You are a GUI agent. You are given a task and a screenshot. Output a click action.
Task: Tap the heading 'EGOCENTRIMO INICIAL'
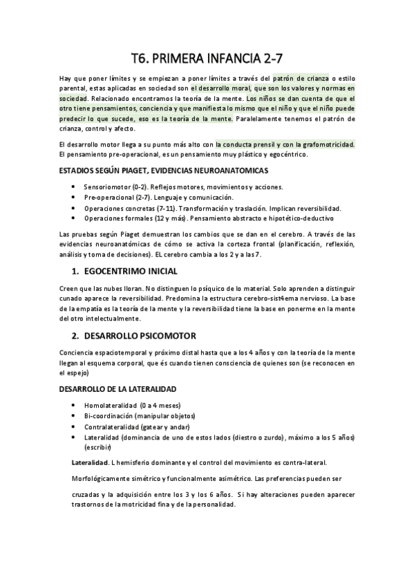130,270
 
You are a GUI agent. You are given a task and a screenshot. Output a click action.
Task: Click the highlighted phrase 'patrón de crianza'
301,78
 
